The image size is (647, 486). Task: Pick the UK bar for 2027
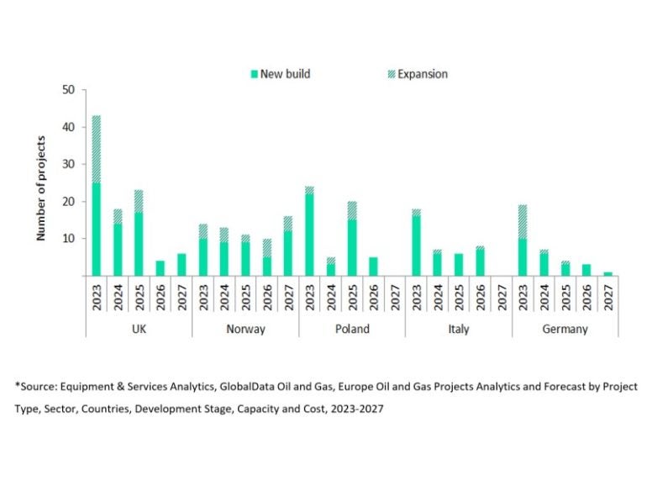(182, 265)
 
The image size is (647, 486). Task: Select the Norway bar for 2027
(288, 246)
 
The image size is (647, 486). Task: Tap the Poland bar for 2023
(310, 231)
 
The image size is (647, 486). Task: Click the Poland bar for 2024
(331, 267)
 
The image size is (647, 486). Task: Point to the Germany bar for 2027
(608, 274)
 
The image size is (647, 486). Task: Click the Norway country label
(245, 329)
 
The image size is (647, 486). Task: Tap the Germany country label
(565, 329)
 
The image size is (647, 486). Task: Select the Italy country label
(459, 329)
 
